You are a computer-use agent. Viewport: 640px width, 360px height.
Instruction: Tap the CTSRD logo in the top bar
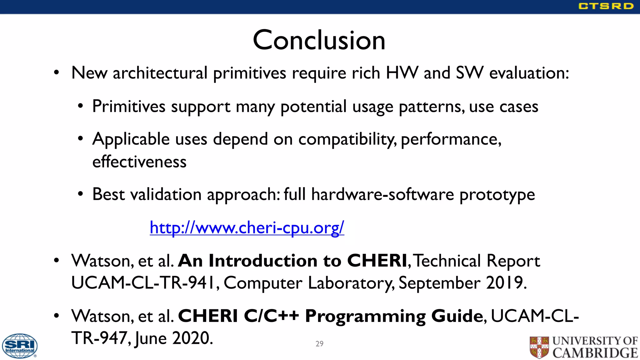(606, 6)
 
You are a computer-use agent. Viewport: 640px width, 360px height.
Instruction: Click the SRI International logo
(20, 346)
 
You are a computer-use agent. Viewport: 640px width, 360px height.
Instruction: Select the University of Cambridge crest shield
(539, 347)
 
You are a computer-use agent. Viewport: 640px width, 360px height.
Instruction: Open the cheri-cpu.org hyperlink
(247, 227)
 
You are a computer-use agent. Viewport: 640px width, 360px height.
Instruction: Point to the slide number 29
(319, 344)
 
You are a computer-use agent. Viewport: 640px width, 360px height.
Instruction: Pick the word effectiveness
(139, 162)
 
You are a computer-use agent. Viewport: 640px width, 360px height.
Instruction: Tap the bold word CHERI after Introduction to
(377, 261)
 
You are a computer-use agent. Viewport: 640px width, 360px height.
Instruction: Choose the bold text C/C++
(271, 316)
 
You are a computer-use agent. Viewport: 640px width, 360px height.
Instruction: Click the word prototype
(497, 195)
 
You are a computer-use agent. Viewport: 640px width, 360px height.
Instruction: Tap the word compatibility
(347, 139)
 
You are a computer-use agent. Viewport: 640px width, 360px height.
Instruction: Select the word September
(439, 283)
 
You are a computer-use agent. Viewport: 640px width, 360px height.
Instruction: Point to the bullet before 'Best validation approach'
(81, 194)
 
